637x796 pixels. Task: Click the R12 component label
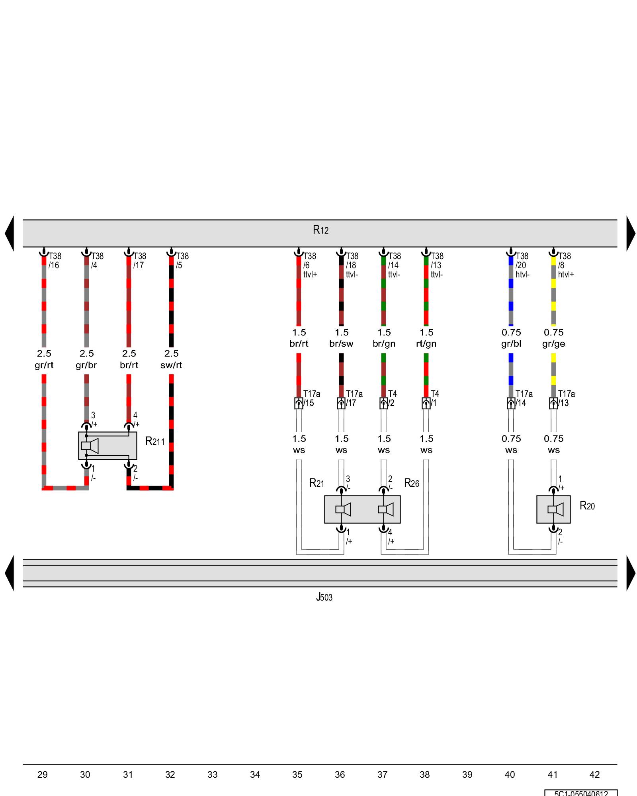320,230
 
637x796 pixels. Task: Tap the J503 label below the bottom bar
324,597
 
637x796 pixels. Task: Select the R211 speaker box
107,446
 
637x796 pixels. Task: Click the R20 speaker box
553,509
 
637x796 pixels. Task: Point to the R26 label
412,483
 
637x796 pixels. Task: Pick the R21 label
317,483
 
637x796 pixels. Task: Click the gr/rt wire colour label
44,365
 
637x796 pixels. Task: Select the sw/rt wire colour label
171,365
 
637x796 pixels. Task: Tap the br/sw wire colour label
341,344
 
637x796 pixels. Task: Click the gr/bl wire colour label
511,344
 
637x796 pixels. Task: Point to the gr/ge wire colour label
553,344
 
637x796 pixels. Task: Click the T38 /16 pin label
55,261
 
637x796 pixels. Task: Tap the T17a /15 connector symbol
299,403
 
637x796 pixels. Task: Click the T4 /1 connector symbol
426,403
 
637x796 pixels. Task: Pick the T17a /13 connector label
566,398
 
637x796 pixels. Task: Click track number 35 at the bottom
297,775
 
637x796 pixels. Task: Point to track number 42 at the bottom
594,775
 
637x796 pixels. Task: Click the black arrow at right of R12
631,233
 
